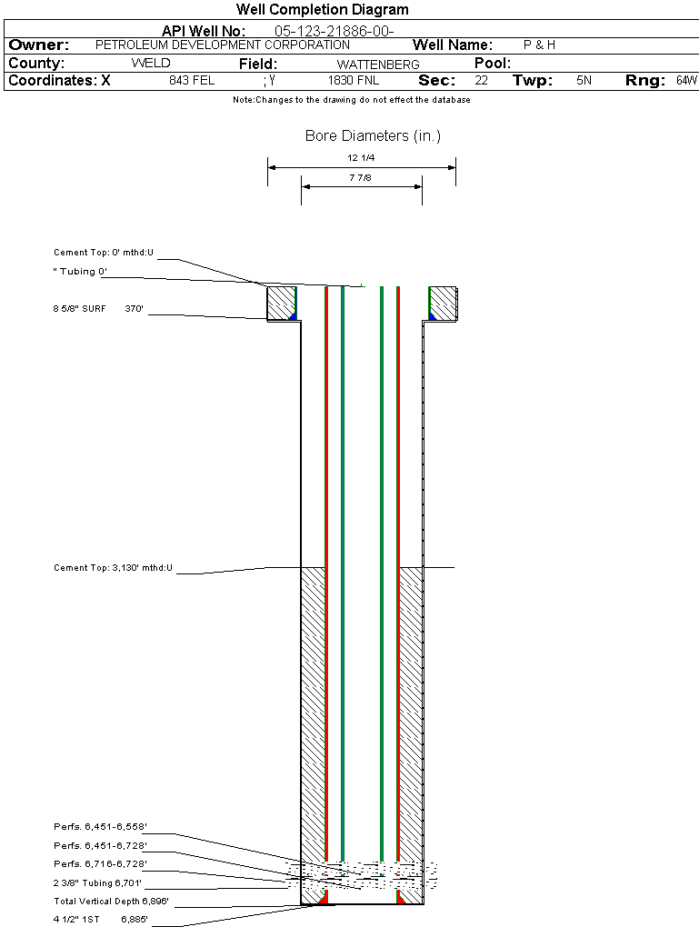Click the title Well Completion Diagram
tap(322, 10)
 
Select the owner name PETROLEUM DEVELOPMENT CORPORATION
tap(222, 45)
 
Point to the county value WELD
tap(151, 64)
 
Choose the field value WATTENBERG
tap(378, 65)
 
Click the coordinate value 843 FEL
tap(192, 81)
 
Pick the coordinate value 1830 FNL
tap(354, 81)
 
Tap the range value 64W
tap(686, 81)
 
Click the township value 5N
tap(584, 81)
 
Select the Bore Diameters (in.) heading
tap(373, 136)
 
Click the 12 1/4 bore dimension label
tap(361, 158)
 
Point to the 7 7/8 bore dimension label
tap(361, 178)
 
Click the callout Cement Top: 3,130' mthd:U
tap(113, 568)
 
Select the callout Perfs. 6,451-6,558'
tap(100, 827)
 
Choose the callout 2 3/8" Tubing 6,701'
tap(97, 882)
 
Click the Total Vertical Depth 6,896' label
tap(111, 902)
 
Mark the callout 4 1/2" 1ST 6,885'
tap(100, 920)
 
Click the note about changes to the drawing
tap(351, 100)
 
